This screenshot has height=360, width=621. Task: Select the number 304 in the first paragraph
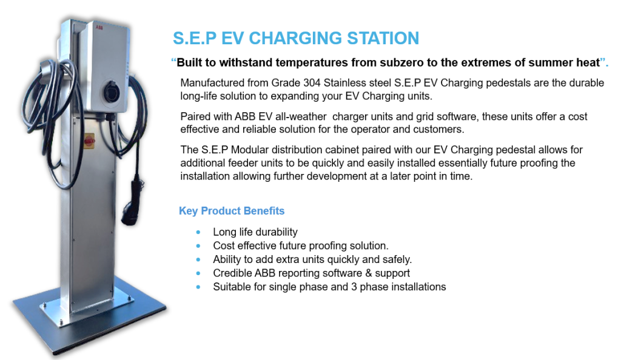[312, 82]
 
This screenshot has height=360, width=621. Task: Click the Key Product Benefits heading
[232, 211]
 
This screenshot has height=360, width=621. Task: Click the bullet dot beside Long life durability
[198, 232]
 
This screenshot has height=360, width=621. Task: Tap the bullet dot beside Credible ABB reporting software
[198, 273]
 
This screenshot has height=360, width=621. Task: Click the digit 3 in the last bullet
[354, 287]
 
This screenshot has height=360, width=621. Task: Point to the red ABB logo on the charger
[99, 27]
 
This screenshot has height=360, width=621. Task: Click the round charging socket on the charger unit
[112, 92]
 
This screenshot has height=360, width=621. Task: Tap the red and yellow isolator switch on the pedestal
[90, 141]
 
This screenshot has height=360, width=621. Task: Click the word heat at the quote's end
[589, 62]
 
